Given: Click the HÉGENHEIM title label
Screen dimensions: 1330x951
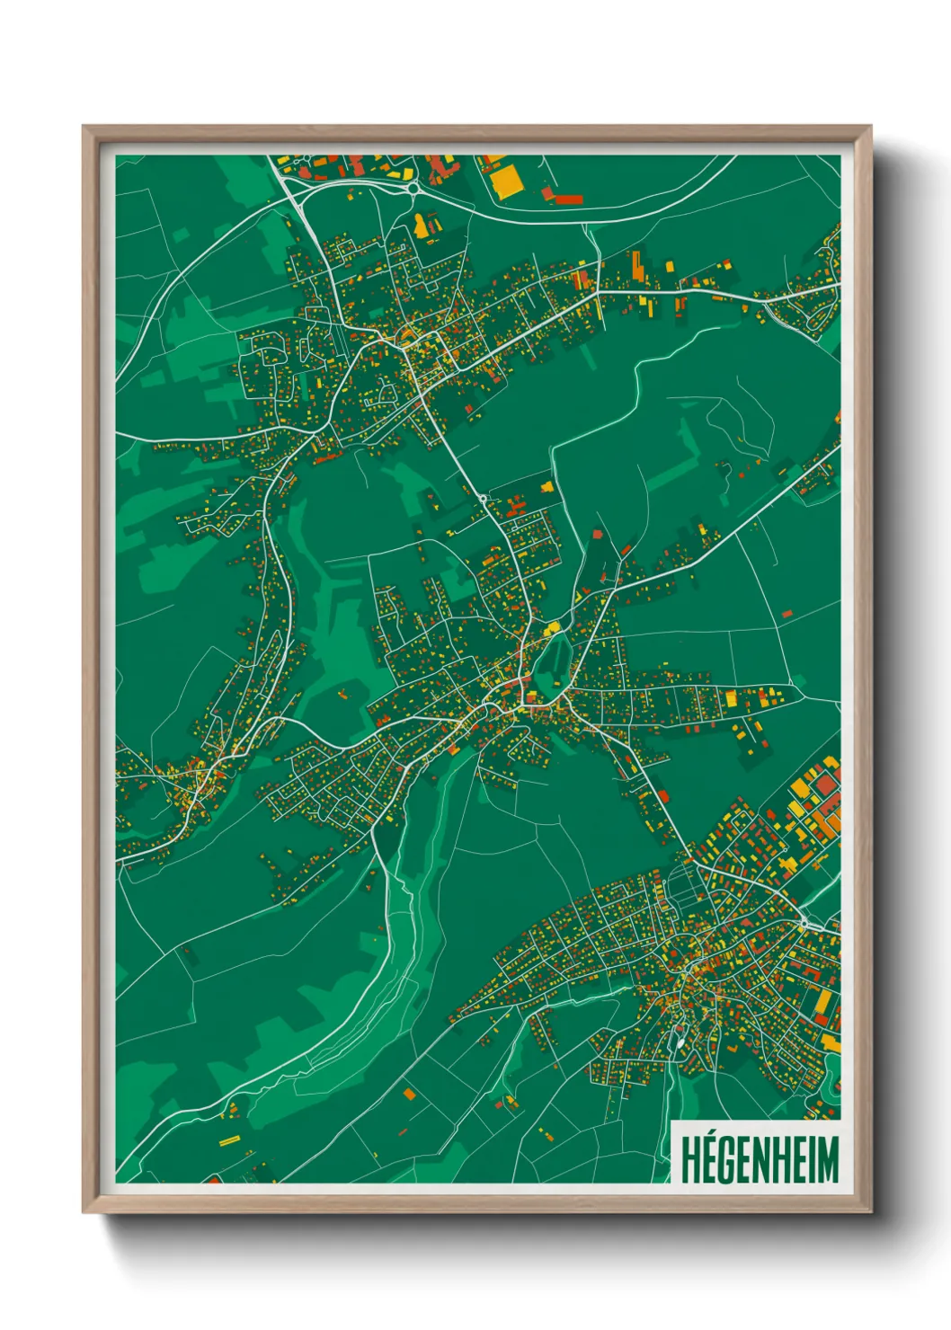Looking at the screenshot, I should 759,1159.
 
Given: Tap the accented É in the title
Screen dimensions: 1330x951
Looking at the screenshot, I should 711,1159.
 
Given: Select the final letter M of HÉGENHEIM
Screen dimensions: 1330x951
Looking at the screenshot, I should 827,1160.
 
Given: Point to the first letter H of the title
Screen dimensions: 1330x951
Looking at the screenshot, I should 690,1160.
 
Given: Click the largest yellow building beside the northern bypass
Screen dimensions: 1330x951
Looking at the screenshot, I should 506,180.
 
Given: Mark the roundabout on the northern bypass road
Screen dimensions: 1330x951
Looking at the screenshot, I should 413,189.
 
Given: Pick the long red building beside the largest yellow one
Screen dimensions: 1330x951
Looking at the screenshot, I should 564,199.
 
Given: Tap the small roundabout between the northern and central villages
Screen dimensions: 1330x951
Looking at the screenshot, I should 484,499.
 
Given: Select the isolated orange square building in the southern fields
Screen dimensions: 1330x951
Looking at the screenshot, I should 410,1094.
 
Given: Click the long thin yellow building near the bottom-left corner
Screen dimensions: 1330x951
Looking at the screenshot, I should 229,1140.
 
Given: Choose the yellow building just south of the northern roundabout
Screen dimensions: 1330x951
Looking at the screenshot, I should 421,225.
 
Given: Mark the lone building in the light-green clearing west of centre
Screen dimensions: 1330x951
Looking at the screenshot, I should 342,693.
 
